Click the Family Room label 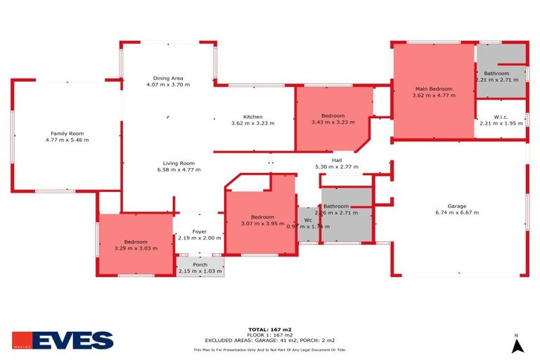coord(67,133)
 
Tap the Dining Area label coord(168,78)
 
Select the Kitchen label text coord(252,117)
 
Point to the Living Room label coord(175,163)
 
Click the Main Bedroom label coord(433,89)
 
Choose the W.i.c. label coord(501,117)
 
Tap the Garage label coord(456,205)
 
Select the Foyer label coord(200,231)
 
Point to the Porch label coord(200,264)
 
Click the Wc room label coord(308,220)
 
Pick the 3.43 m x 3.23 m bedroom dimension coord(333,122)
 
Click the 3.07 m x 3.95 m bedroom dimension coord(259,224)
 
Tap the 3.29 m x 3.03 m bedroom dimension coord(136,248)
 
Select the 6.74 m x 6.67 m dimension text coord(456,212)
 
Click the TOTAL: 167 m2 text coord(269,329)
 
